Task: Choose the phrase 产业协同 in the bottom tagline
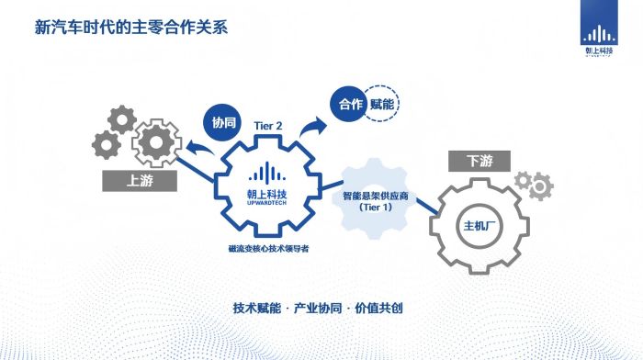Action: coord(317,308)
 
